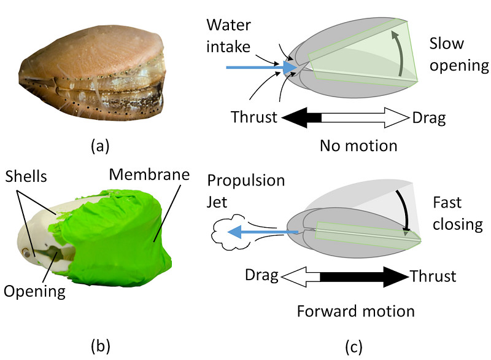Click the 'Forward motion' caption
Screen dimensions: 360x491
coord(356,310)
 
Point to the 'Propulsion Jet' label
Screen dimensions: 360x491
coord(246,191)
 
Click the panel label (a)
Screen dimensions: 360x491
coord(99,146)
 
